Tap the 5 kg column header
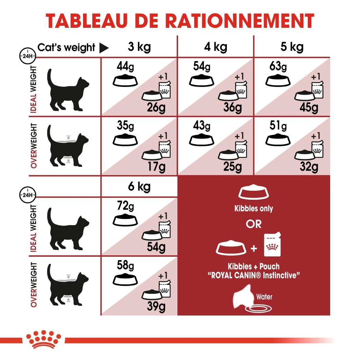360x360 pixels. click(292, 47)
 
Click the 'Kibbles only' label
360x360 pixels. click(254, 209)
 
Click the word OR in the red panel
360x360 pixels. click(254, 224)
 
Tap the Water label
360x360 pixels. click(264, 296)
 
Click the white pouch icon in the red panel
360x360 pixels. click(273, 245)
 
